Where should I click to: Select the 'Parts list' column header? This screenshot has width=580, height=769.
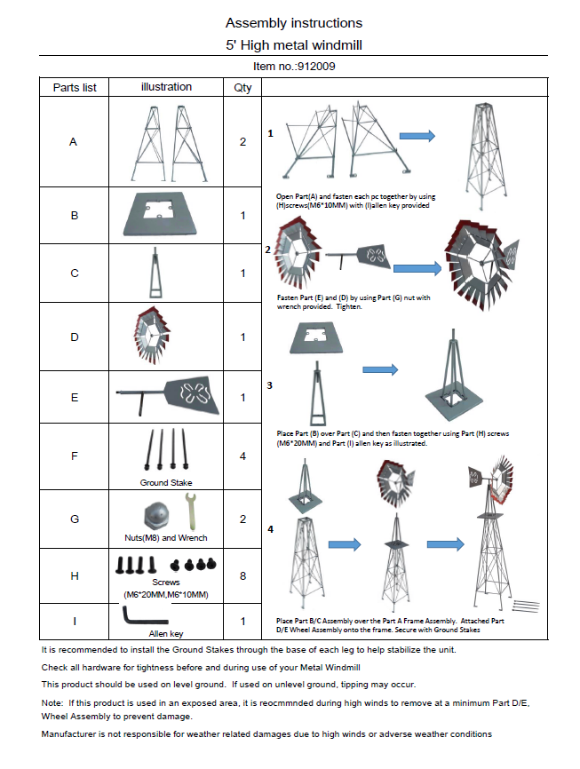(75, 87)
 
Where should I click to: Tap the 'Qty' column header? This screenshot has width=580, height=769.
(242, 87)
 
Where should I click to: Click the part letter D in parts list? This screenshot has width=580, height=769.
(75, 337)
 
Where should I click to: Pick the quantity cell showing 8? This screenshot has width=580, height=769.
(242, 575)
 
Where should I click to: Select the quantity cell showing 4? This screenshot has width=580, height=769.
(242, 456)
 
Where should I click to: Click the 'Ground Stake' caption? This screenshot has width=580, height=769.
(166, 483)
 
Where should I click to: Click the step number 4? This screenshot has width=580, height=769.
(269, 530)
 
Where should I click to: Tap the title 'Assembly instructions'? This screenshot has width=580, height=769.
(293, 22)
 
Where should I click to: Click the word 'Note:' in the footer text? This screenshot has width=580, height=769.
(53, 702)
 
